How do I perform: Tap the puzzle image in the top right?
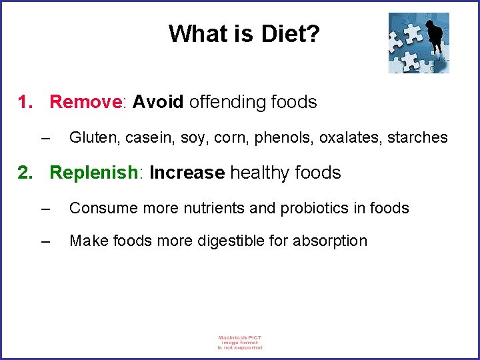[x=419, y=43]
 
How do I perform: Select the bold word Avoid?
[x=158, y=102]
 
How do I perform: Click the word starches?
[x=418, y=137]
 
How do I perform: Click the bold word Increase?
[x=187, y=173]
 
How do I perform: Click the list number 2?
[x=25, y=173]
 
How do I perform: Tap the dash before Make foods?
[x=45, y=241]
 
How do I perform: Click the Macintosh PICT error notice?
[x=240, y=342]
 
